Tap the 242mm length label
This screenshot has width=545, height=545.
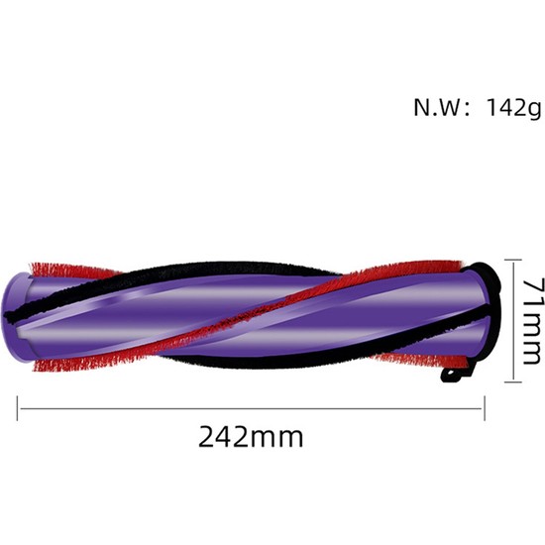click(x=251, y=436)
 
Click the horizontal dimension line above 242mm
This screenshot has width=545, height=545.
click(x=251, y=405)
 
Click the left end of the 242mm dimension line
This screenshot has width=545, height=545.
click(x=20, y=405)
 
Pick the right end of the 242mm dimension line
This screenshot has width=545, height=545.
click(x=484, y=405)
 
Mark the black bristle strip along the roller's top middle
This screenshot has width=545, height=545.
click(x=248, y=270)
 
